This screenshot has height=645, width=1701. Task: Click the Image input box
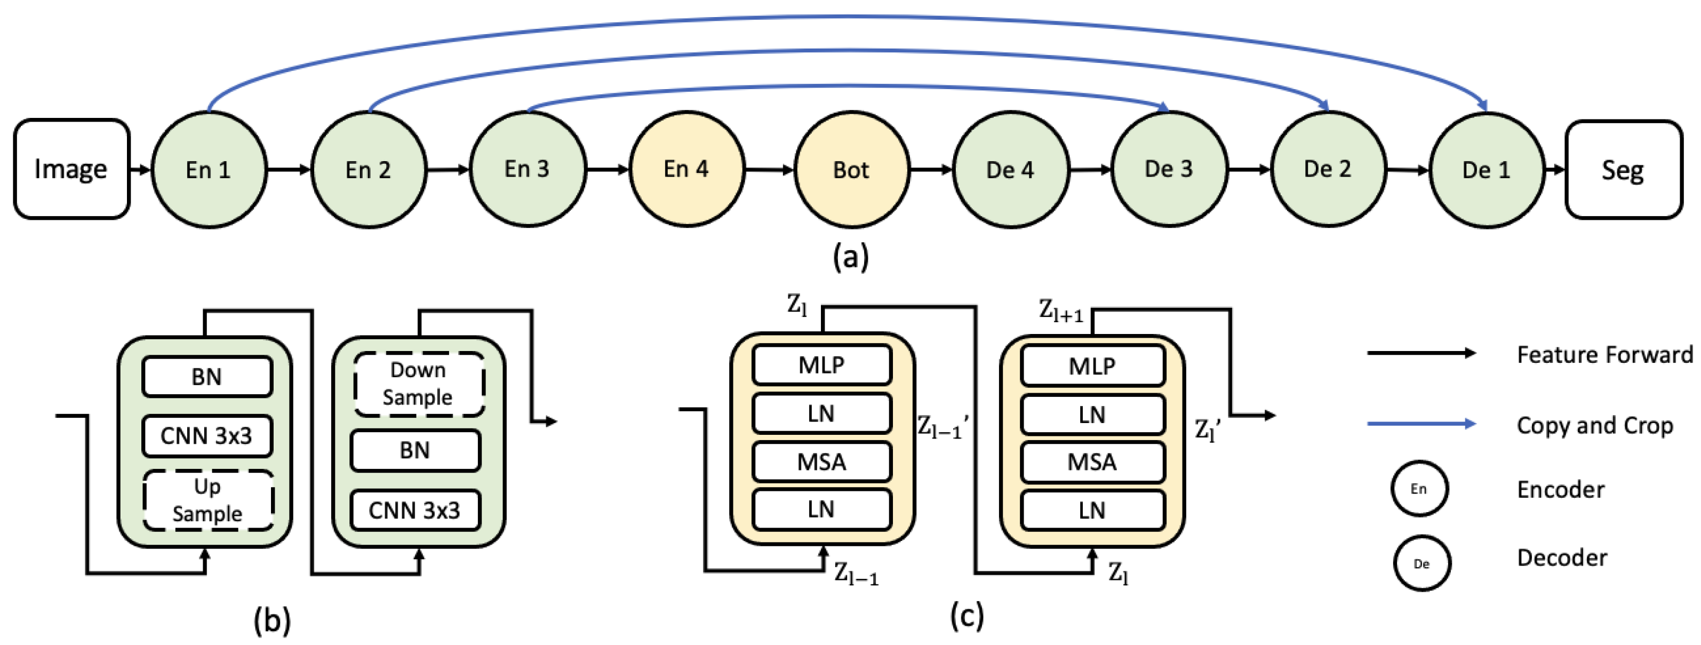[x=71, y=169]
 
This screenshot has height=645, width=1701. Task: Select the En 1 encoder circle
[x=209, y=170]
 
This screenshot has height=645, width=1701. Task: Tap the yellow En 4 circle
[x=686, y=169]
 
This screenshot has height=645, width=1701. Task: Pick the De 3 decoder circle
[x=1169, y=169]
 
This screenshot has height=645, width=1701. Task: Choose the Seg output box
[x=1623, y=170]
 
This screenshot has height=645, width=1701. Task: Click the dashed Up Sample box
[x=207, y=500]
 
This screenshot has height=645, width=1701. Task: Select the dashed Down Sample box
[x=418, y=384]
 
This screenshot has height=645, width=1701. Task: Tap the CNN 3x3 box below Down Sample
[x=414, y=509]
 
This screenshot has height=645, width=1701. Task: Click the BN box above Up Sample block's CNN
[x=206, y=376]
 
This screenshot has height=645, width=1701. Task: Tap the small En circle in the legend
[x=1419, y=489]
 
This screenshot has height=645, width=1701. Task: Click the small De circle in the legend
[x=1422, y=563]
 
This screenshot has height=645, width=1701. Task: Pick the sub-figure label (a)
[x=850, y=256]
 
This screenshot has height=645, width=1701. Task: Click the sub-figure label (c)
[x=967, y=615]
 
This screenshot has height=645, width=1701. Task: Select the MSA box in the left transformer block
[x=821, y=461]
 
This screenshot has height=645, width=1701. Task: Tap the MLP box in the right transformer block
[x=1092, y=365]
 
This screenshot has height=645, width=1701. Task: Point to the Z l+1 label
[x=1060, y=310]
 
